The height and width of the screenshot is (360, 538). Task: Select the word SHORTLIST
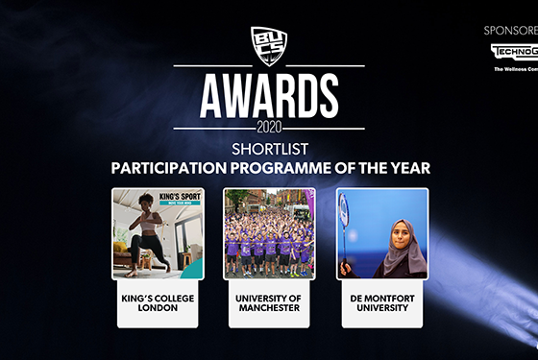(269, 148)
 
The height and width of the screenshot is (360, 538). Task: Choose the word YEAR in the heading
(407, 168)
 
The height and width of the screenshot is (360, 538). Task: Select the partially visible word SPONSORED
(509, 30)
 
